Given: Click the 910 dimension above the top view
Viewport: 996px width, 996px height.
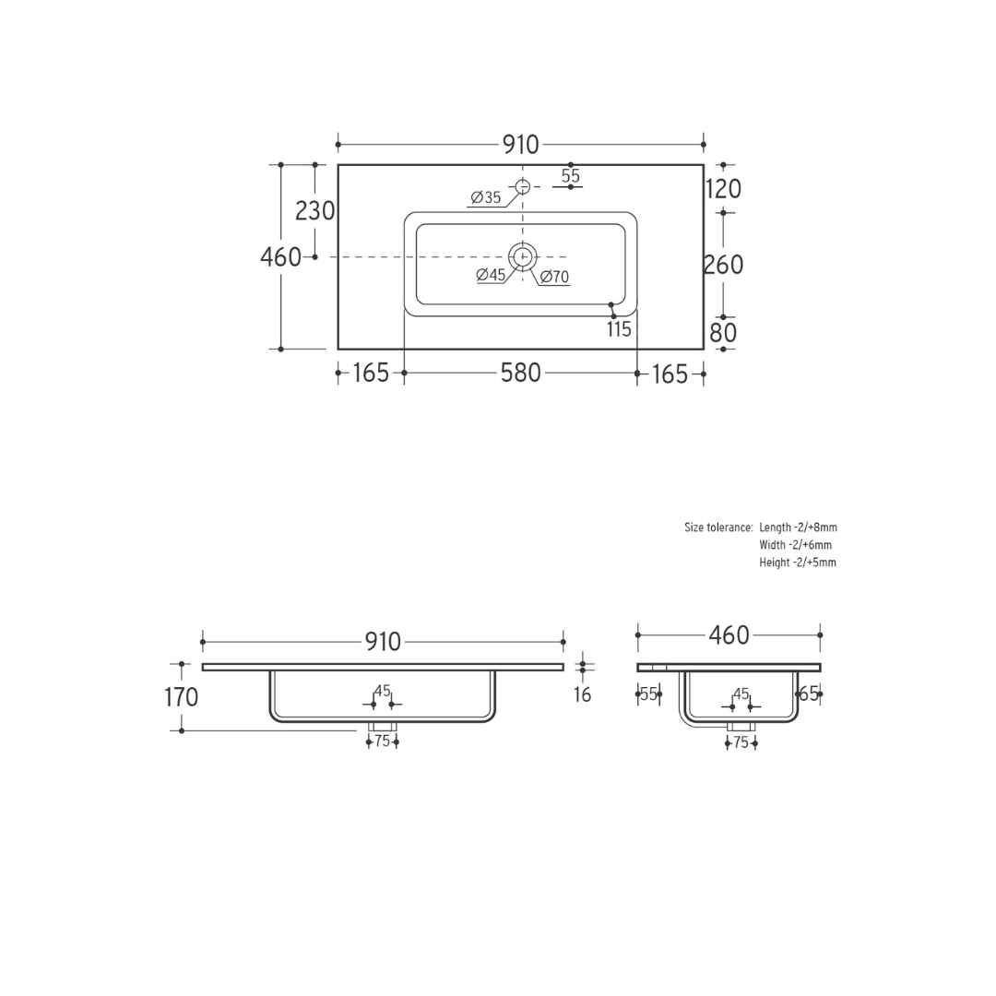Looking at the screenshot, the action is pos(521,145).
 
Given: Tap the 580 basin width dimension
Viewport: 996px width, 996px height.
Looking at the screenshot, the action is pos(521,373).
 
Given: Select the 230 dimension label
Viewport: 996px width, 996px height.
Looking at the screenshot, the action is pos(315,211).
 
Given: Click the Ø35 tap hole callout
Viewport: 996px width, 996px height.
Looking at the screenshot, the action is pos(486,197).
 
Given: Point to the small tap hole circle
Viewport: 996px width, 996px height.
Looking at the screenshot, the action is pos(522,186).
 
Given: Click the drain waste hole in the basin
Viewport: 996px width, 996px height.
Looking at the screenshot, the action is pos(522,256).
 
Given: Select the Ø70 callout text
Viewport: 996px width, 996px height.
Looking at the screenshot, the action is pos(554,277).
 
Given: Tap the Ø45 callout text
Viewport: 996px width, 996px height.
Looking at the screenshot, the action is pos(491,275).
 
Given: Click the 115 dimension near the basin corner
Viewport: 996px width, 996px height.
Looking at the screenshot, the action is pos(619,329).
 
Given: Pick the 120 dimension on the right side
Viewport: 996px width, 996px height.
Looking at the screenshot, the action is pos(724,189).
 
